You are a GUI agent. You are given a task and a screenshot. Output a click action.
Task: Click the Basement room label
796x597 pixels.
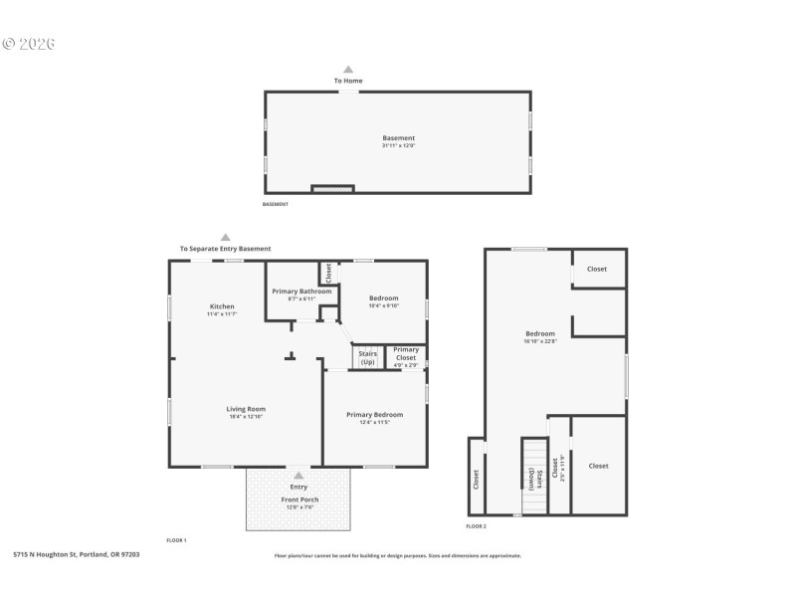click(x=398, y=138)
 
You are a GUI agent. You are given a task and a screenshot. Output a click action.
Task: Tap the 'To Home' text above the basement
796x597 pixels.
click(x=348, y=81)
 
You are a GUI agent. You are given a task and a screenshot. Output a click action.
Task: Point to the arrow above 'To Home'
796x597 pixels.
click(x=348, y=69)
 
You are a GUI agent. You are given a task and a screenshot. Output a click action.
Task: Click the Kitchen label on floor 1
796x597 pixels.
click(x=222, y=306)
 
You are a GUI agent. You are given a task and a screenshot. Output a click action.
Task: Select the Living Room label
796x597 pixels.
click(x=245, y=409)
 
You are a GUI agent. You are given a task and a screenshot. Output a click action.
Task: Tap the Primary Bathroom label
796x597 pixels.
click(x=301, y=291)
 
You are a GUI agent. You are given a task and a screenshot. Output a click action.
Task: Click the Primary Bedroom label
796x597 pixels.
click(x=374, y=415)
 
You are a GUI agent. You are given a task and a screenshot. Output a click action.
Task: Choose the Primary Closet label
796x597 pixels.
click(x=405, y=353)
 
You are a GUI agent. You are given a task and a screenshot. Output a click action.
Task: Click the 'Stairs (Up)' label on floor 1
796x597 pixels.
click(x=367, y=356)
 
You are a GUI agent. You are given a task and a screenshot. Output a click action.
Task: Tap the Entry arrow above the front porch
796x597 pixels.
click(x=298, y=476)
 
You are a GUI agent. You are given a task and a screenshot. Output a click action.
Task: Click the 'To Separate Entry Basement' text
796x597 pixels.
click(x=225, y=249)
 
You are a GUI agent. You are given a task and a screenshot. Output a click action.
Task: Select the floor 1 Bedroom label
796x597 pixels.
click(x=383, y=298)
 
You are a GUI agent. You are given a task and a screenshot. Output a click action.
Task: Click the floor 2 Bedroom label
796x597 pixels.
click(x=540, y=333)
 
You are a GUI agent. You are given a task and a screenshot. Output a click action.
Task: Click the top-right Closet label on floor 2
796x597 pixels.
click(x=597, y=269)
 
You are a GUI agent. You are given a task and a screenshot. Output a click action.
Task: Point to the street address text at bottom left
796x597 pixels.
click(x=76, y=554)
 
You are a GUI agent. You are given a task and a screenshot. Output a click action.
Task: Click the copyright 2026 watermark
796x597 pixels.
click(x=29, y=44)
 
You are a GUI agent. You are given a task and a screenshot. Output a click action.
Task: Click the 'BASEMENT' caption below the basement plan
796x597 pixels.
click(x=275, y=204)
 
